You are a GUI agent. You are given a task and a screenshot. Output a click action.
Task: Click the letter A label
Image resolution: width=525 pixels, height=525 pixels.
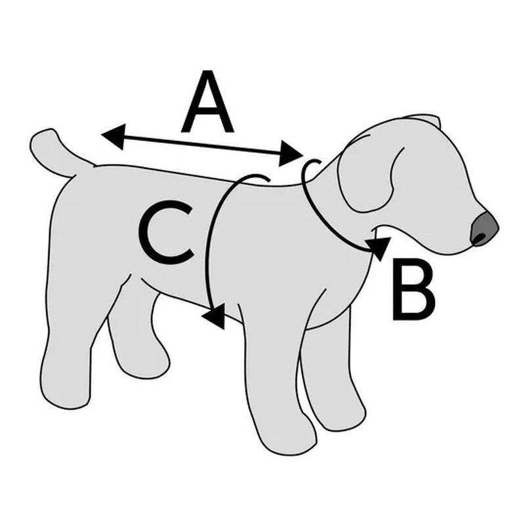207,102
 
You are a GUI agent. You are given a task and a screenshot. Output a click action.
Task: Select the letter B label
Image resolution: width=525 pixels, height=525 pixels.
414,289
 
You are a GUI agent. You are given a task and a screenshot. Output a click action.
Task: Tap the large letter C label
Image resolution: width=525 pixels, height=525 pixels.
167,232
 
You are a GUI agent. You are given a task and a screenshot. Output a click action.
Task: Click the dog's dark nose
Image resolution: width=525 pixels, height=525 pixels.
484,229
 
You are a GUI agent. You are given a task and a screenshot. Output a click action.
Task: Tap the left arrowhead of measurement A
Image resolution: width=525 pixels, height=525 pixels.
113,136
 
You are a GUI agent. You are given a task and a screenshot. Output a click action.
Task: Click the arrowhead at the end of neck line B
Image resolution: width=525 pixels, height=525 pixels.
379,248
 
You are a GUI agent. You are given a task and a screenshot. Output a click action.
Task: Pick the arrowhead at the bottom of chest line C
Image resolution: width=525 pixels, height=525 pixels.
215,316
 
